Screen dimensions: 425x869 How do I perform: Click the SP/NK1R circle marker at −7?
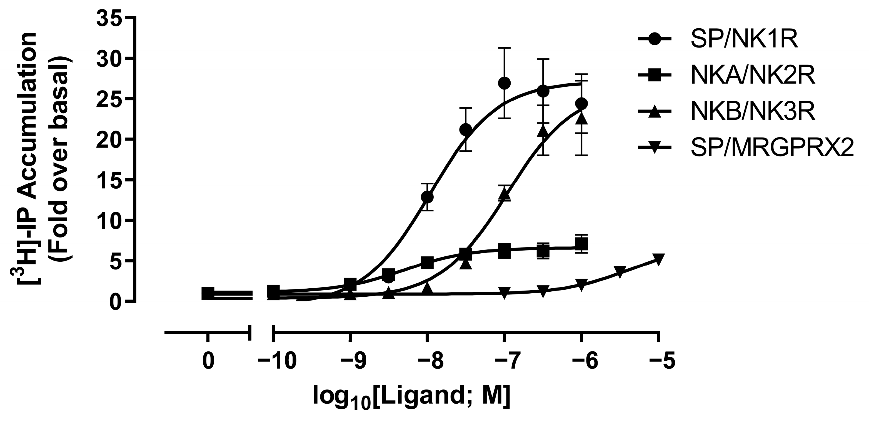[x=504, y=83]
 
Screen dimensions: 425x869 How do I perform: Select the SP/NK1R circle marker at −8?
[x=427, y=197]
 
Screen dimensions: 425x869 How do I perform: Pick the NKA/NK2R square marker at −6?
[x=581, y=244]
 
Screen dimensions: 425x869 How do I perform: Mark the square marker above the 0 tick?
[x=208, y=293]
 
